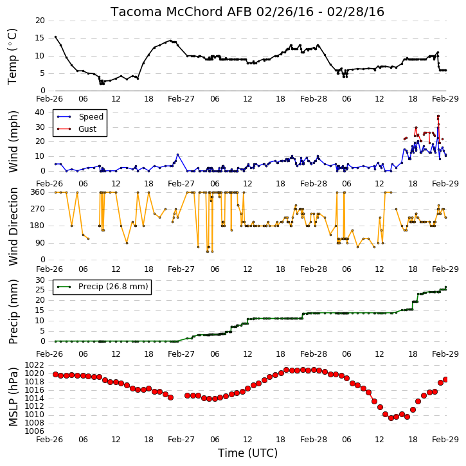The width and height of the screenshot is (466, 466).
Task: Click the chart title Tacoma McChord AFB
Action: coord(181,12)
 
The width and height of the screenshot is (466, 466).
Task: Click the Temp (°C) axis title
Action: coord(12,57)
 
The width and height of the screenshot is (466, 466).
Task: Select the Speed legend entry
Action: coord(80,117)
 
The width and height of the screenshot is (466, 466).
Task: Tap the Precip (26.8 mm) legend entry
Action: coord(102,287)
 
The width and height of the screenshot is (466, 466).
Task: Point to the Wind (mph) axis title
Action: coord(13,141)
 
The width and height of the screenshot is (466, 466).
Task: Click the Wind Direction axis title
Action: coord(13,226)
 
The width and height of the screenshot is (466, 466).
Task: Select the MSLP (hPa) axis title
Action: coord(13,397)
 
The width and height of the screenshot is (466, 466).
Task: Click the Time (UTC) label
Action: coord(247,453)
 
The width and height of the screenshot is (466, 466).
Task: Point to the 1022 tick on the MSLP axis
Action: coord(34,365)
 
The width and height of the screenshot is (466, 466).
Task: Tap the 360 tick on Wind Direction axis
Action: coord(38,192)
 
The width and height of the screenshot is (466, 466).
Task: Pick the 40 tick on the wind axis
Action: coord(39,112)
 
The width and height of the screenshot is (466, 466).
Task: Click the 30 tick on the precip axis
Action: coord(40,280)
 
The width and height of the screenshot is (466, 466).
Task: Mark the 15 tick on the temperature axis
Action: coord(40,38)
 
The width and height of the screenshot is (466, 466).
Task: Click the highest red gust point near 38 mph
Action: coord(438,116)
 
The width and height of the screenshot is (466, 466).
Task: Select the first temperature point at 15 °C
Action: coord(55,37)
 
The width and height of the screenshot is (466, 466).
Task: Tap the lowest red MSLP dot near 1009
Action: coord(391,418)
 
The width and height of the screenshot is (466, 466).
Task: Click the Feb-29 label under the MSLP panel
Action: coord(445,440)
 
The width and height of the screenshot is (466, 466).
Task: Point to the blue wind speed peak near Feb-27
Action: coord(177,154)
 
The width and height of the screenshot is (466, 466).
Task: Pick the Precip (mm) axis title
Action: coord(13,312)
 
